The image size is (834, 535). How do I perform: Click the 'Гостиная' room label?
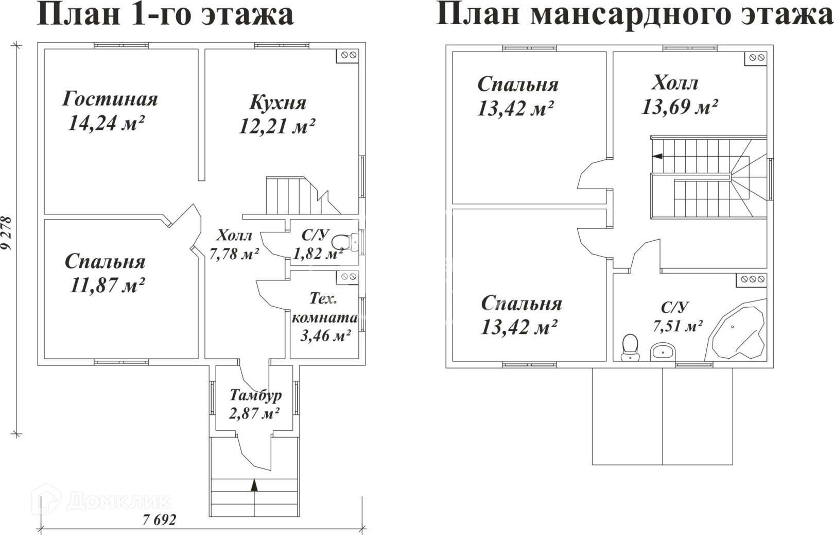(x=110, y=98)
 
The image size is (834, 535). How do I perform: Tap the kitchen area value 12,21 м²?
(x=277, y=126)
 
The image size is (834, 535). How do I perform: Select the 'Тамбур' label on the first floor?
(x=255, y=395)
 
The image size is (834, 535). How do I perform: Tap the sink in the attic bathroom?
(x=663, y=353)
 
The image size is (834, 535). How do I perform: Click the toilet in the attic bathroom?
(x=630, y=347)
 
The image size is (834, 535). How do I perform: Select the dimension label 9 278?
(x=7, y=233)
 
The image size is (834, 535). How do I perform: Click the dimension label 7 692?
(x=159, y=520)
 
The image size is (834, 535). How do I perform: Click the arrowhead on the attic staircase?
(x=657, y=156)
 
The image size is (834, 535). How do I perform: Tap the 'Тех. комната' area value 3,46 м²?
(x=325, y=336)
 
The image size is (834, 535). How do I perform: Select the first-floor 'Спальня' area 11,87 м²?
(x=107, y=285)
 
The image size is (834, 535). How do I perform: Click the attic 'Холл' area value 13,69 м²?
(x=680, y=107)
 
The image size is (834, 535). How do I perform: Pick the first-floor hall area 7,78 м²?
(x=234, y=254)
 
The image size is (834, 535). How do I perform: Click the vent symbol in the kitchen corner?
(x=348, y=55)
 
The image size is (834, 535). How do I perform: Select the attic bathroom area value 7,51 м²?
(x=678, y=326)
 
